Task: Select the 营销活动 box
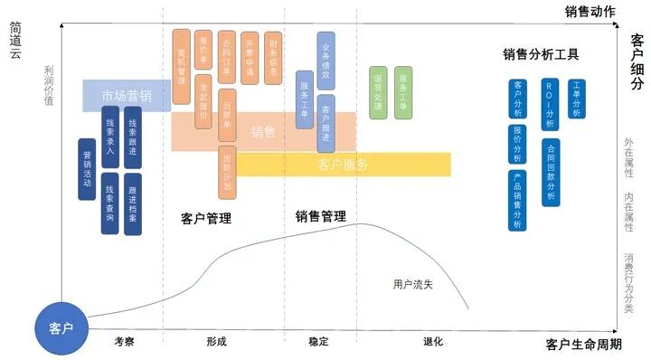click(x=87, y=169)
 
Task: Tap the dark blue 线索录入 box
click(x=109, y=136)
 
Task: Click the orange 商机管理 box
click(x=182, y=66)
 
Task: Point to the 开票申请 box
click(x=250, y=58)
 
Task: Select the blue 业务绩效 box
click(x=326, y=58)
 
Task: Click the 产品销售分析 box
click(x=517, y=200)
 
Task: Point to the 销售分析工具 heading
click(x=541, y=54)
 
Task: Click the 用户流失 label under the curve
click(x=413, y=284)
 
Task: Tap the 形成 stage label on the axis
click(x=216, y=342)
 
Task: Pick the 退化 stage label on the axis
click(x=432, y=342)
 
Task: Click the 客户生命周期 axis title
click(x=584, y=345)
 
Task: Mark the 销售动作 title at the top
click(x=590, y=12)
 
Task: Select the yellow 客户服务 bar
click(x=344, y=165)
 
